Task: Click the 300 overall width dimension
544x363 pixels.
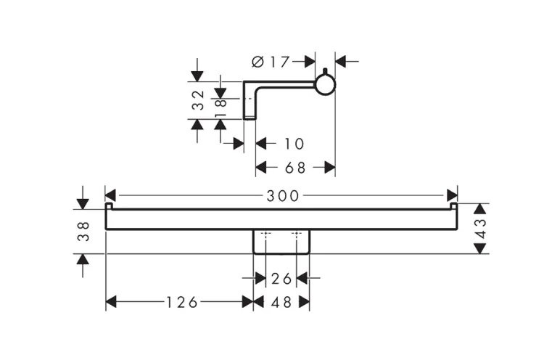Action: point(281,195)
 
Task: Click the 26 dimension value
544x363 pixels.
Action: point(281,277)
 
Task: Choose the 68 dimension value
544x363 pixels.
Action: point(294,168)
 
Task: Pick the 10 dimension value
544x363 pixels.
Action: point(294,144)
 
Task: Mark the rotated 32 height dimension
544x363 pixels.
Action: point(197,100)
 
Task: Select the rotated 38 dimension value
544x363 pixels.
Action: point(83,231)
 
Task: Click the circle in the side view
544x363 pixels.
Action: point(326,85)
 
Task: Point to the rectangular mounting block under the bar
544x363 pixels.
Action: point(281,241)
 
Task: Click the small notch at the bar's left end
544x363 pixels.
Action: point(109,208)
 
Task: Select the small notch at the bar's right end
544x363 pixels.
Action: point(454,208)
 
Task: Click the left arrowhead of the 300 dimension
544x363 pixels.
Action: point(111,195)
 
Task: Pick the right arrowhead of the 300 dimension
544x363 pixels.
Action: point(452,195)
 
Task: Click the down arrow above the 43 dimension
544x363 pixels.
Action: point(479,209)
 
